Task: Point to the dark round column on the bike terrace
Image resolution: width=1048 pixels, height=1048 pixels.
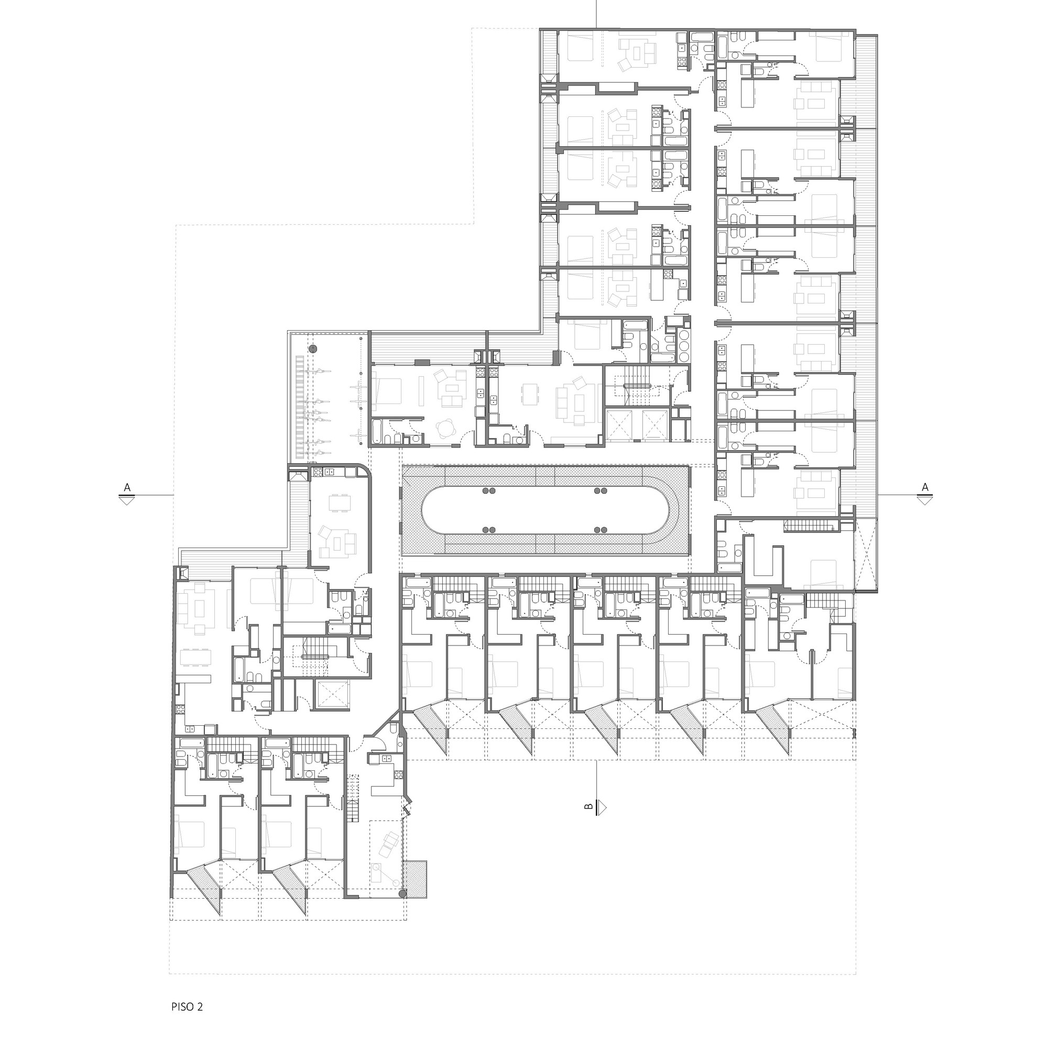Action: pos(312,348)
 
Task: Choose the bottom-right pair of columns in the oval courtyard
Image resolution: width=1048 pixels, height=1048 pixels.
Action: pos(601,529)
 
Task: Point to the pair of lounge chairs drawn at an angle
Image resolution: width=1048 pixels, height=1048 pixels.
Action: pos(388,845)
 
